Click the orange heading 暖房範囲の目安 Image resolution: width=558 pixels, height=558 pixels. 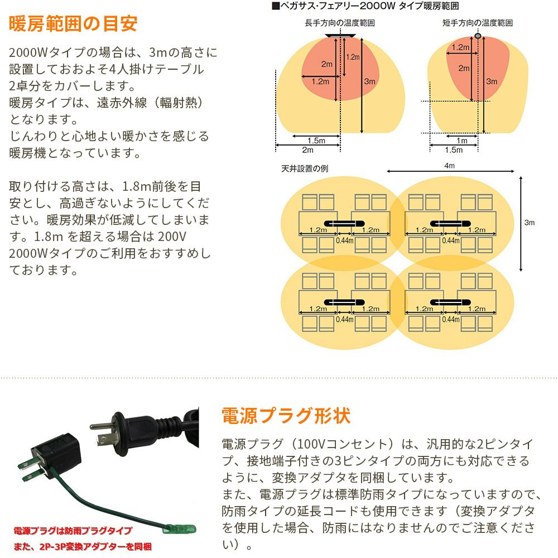click(73, 24)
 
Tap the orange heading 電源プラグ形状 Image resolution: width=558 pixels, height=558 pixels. click(286, 416)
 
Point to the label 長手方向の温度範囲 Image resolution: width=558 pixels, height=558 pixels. click(339, 23)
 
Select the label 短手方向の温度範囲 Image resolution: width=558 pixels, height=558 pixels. click(477, 23)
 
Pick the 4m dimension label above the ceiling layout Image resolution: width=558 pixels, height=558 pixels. click(449, 166)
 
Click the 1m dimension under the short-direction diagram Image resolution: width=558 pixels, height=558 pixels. click(462, 141)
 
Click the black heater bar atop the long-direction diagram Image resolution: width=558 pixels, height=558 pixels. click(339, 35)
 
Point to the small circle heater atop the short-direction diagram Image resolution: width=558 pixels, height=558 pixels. click(477, 36)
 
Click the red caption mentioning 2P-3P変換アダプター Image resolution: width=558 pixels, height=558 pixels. click(83, 546)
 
